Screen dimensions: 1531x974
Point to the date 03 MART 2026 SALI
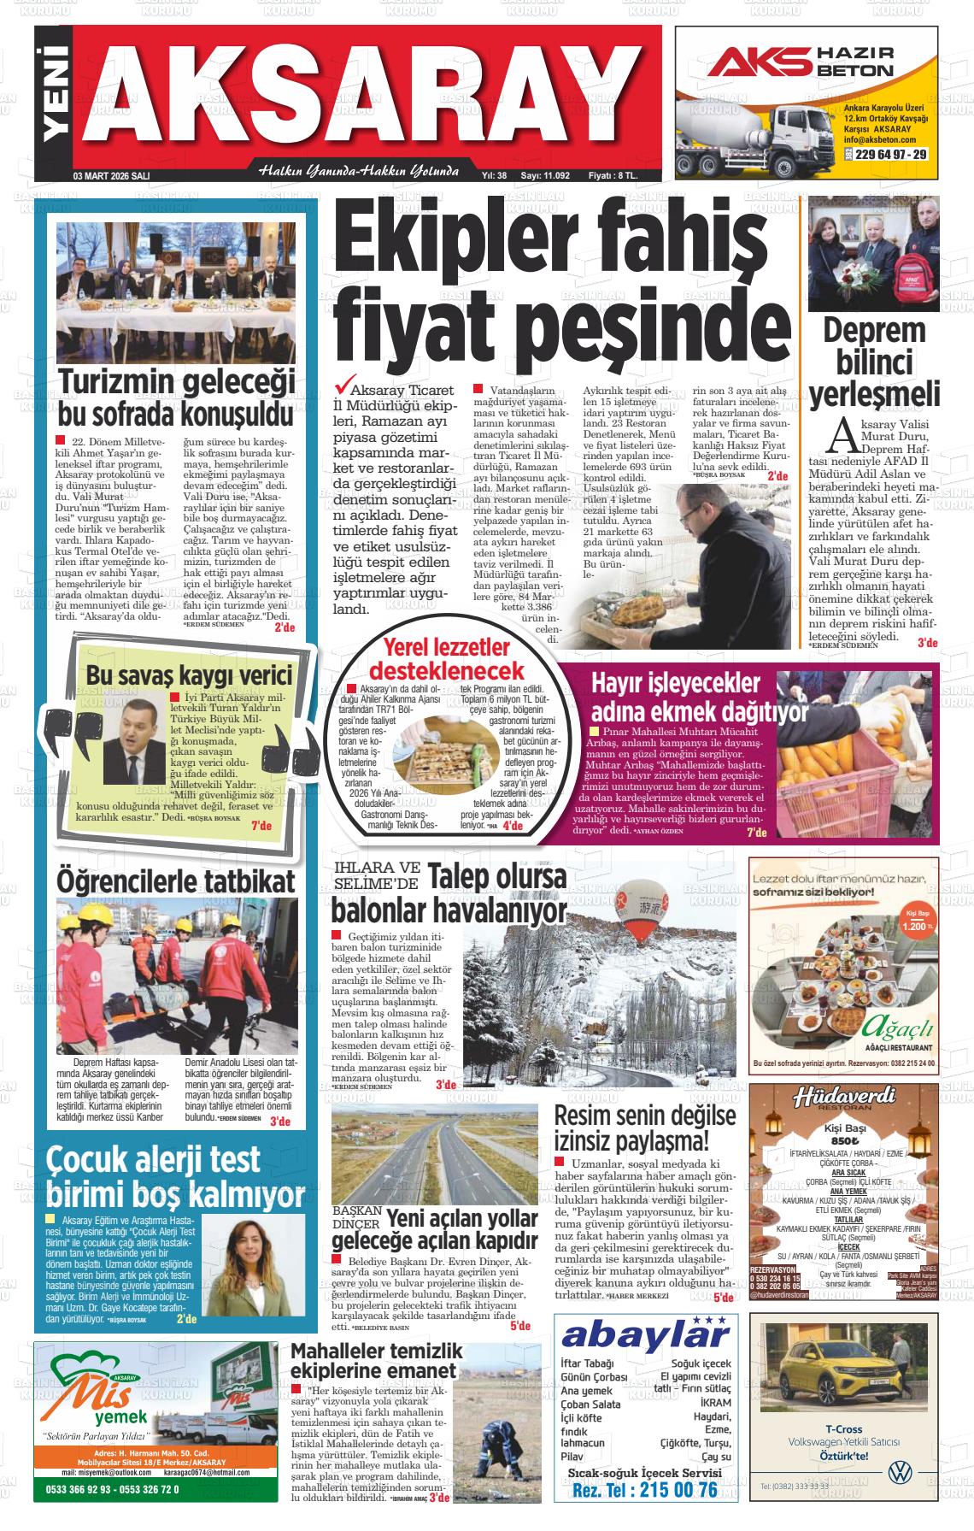(112, 175)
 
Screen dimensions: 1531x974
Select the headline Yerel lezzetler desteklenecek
(446, 657)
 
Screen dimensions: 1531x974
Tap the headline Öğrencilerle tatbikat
(175, 880)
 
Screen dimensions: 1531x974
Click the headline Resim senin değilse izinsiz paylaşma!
(645, 1128)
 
